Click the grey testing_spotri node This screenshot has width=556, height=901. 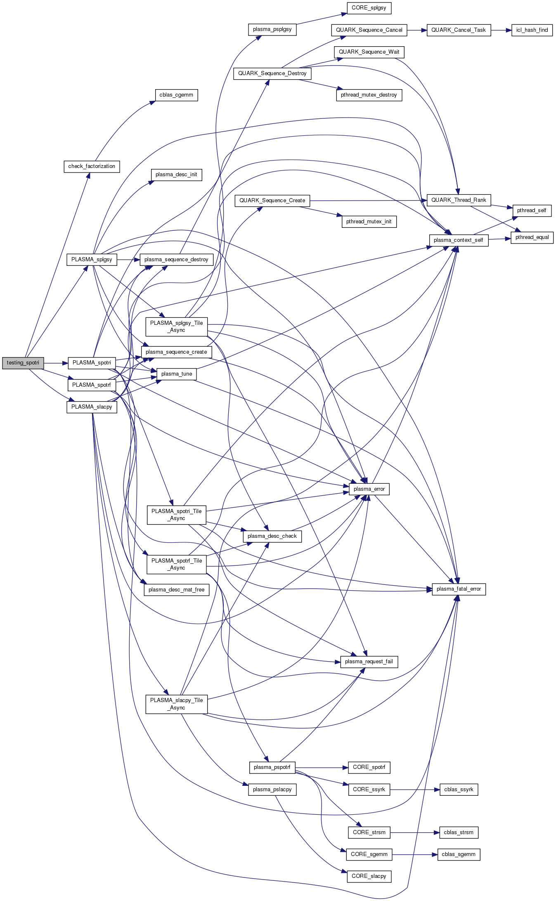coord(23,363)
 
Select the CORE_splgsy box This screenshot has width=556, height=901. coord(369,8)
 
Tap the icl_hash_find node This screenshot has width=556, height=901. coord(532,30)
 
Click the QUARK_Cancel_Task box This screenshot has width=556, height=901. coord(459,30)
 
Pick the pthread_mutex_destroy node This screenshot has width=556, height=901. coord(369,95)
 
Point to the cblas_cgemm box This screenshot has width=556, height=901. coord(176,95)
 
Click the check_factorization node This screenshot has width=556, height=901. coord(92,166)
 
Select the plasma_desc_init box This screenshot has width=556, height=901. coord(176,175)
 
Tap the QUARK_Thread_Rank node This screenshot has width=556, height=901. coord(459,200)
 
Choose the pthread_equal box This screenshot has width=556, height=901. coord(532,237)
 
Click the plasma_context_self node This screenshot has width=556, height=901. coord(459,240)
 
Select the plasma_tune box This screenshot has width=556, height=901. coord(177,374)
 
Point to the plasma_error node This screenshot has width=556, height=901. coord(369,489)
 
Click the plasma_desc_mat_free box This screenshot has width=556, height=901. coord(176,590)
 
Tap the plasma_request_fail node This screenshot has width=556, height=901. coord(369,662)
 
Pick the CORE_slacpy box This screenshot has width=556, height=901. coord(369,876)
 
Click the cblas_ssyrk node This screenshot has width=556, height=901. coord(459,790)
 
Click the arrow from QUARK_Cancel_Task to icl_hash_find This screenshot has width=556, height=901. coord(501,30)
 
